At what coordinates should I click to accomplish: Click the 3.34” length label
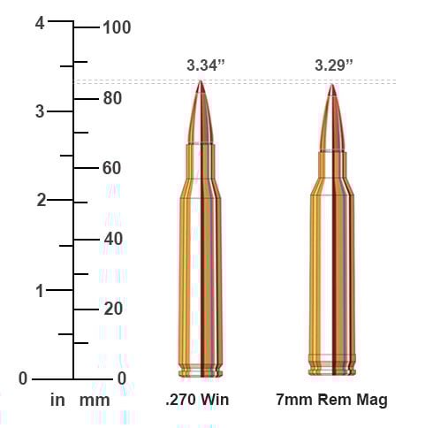pyautogui.click(x=206, y=65)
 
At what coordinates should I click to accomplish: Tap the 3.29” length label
pyautogui.click(x=333, y=65)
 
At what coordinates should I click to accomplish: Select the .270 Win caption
pyautogui.click(x=197, y=400)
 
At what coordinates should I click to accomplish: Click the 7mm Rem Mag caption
pyautogui.click(x=331, y=400)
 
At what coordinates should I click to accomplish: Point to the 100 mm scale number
pyautogui.click(x=116, y=27)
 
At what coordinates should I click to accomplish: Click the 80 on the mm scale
pyautogui.click(x=111, y=98)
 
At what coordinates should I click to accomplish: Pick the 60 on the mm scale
pyautogui.click(x=111, y=168)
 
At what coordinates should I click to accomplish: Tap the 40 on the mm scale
pyautogui.click(x=111, y=239)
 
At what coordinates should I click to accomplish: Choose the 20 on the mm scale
pyautogui.click(x=111, y=309)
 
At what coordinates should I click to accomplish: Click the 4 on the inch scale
pyautogui.click(x=40, y=24)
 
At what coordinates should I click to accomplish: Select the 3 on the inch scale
pyautogui.click(x=40, y=112)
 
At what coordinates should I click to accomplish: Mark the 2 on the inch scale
pyautogui.click(x=40, y=201)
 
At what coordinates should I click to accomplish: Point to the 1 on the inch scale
pyautogui.click(x=40, y=290)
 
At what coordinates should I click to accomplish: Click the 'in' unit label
pyautogui.click(x=57, y=400)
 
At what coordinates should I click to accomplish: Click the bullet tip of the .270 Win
pyautogui.click(x=201, y=84)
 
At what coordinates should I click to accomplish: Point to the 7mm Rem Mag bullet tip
pyautogui.click(x=332, y=88)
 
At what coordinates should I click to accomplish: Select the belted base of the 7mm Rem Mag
pyautogui.click(x=332, y=363)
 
